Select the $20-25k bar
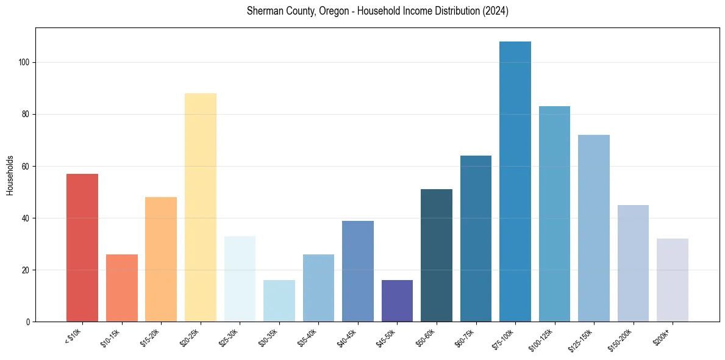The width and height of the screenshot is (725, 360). (200, 207)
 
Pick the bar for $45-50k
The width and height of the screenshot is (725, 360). (397, 301)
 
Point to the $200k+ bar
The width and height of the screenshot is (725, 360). (673, 280)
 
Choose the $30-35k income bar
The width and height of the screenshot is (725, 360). (279, 301)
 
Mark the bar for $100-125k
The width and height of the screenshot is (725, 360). (554, 214)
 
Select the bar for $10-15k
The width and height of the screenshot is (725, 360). (122, 288)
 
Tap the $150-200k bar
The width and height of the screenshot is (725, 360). (633, 263)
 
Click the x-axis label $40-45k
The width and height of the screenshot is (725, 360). (348, 337)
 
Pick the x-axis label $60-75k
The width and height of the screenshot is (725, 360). (466, 337)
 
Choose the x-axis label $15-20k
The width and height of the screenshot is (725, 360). (151, 337)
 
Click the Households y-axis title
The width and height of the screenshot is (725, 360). (10, 175)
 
